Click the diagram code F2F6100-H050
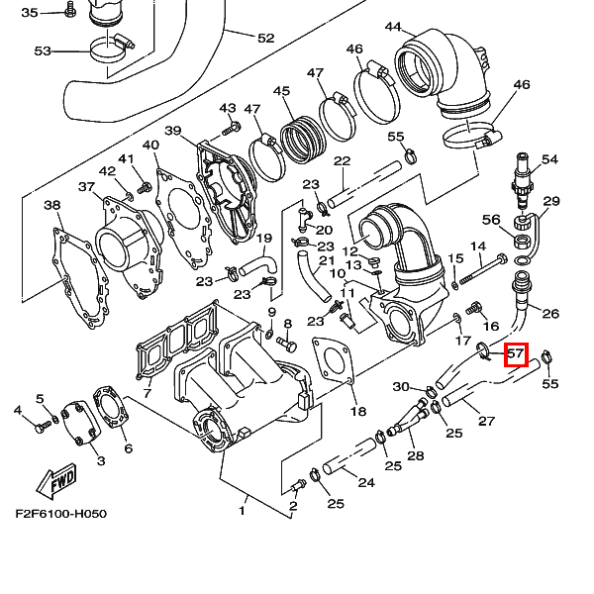point(60,514)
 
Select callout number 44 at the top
point(393,27)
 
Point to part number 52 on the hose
point(266,39)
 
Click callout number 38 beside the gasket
point(52,206)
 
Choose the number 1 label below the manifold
point(243,511)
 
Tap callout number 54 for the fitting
point(549,159)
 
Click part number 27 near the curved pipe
point(486,421)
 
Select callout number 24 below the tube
point(366,483)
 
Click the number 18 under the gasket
point(357,411)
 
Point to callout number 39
point(172,132)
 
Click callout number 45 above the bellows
point(282,92)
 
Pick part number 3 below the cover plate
point(100,461)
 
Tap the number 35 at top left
point(30,12)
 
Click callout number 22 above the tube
point(343,161)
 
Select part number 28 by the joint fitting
point(415,455)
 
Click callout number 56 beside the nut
point(491,220)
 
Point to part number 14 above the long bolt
point(477,247)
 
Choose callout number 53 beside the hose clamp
point(43,50)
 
